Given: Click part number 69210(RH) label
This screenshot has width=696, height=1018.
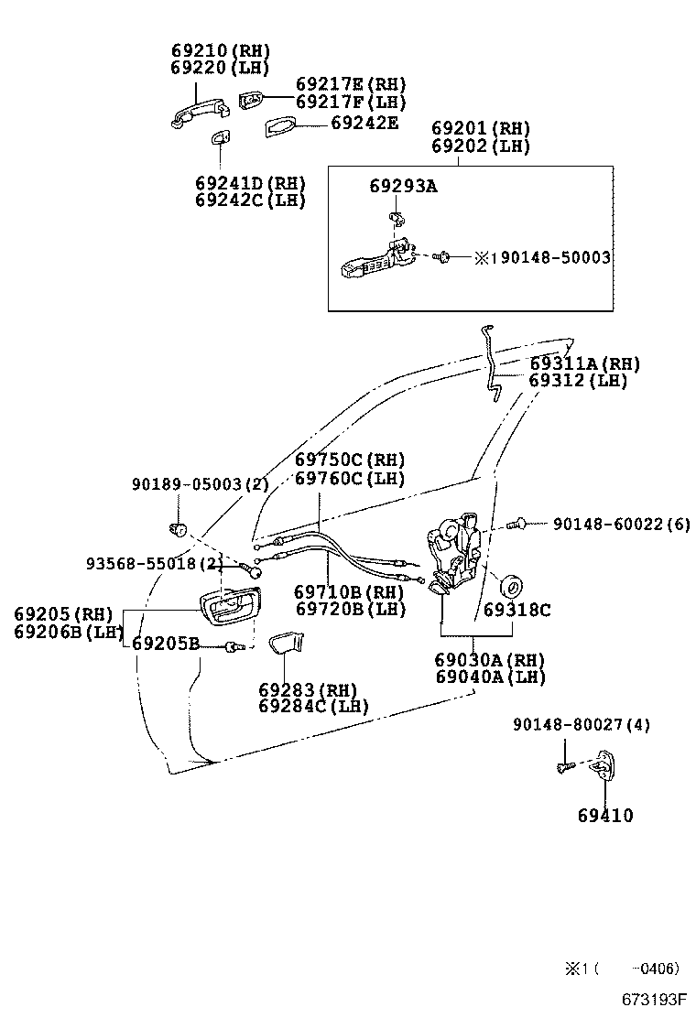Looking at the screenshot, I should (221, 50).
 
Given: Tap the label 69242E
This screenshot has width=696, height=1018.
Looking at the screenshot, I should (364, 122).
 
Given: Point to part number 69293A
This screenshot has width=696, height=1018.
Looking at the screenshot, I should (403, 186).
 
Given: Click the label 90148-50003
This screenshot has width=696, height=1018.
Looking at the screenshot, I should (549, 258).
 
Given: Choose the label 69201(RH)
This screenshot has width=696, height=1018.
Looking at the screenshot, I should (481, 128).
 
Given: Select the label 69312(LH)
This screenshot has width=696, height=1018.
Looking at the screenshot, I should (579, 381).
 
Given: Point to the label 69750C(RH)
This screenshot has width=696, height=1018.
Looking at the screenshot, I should (349, 460).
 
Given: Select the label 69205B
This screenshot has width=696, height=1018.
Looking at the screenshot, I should (165, 644).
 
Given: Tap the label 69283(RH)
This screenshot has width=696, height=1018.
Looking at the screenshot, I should (307, 689).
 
